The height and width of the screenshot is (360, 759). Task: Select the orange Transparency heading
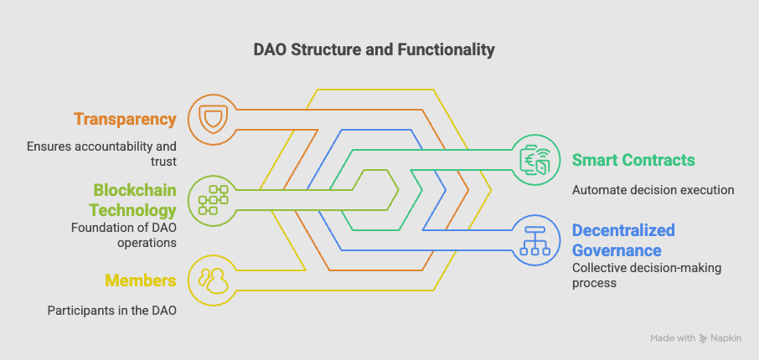pos(125,119)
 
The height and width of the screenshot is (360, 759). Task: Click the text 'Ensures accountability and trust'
pos(101,153)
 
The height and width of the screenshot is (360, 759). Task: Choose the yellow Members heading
pos(140,280)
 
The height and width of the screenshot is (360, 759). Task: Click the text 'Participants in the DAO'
pos(111,311)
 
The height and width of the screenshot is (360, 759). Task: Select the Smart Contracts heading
pos(633,159)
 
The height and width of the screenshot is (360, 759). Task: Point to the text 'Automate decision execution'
pos(653,190)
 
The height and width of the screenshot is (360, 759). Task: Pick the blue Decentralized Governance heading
pos(623,239)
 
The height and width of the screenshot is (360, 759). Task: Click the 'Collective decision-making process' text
pos(646,275)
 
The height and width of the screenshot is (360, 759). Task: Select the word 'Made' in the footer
pos(662,338)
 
